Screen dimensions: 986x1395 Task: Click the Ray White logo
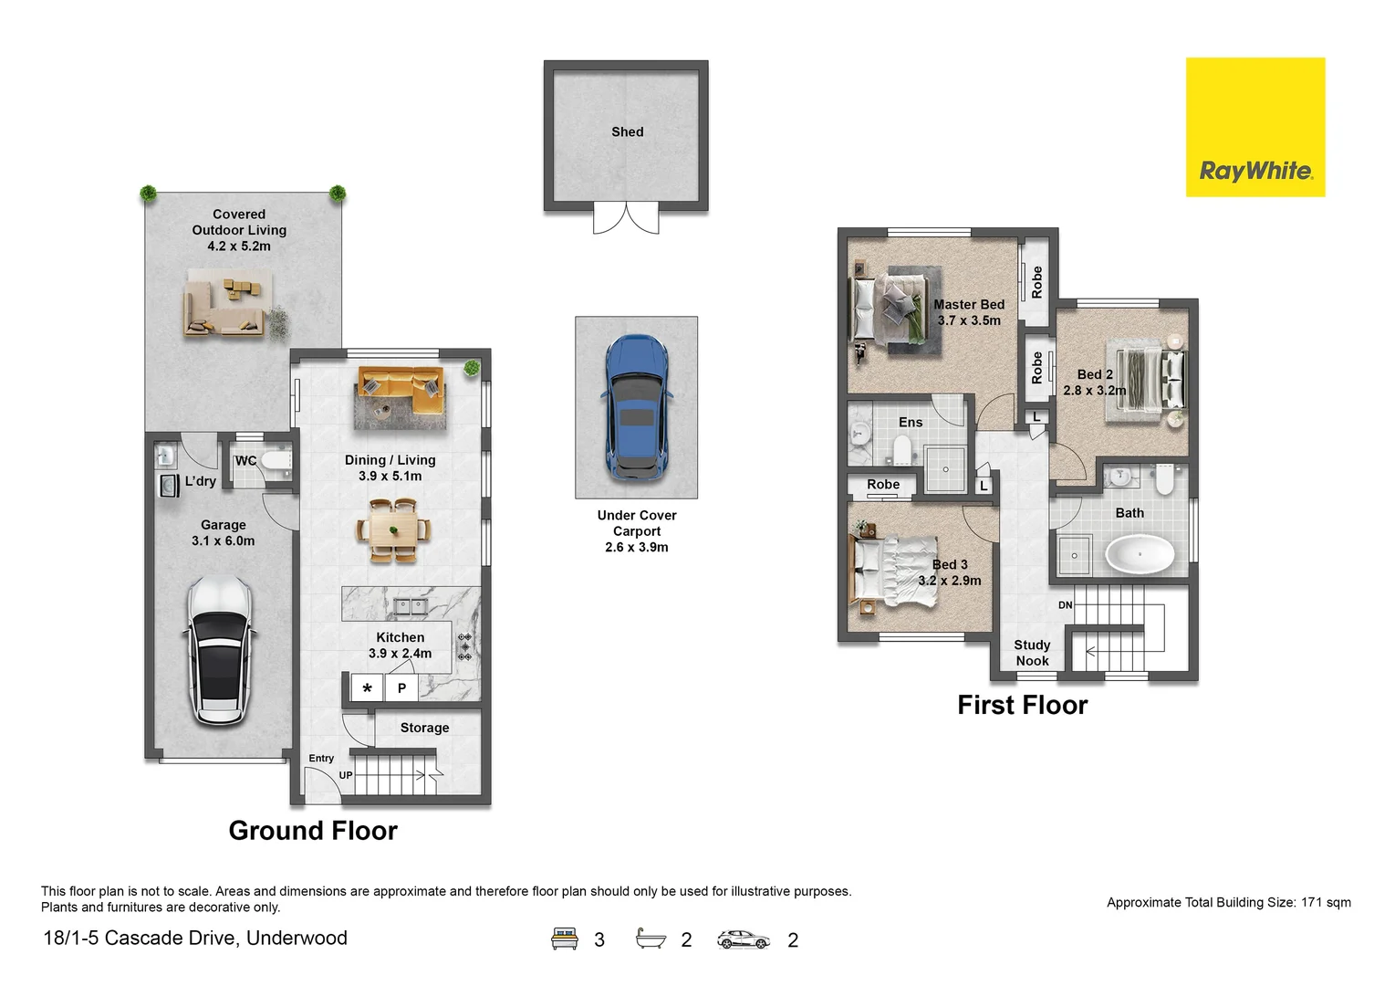[x=1254, y=128]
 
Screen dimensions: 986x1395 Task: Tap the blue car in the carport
[x=637, y=407]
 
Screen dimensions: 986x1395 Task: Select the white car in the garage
[x=220, y=650]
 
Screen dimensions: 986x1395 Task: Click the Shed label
[x=627, y=132]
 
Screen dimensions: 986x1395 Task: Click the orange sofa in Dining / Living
[x=401, y=391]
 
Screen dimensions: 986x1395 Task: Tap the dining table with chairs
[x=394, y=530]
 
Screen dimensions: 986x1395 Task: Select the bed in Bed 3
[x=894, y=572]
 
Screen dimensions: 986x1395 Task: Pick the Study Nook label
[x=1032, y=653]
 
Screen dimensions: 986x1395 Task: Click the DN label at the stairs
[x=1065, y=605]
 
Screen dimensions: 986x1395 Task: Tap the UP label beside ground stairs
[x=346, y=775]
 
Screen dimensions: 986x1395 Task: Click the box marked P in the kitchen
[x=401, y=688]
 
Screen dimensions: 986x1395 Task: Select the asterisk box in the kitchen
[x=367, y=688]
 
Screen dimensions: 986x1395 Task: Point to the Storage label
[x=424, y=728]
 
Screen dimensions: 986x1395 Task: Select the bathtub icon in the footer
[x=651, y=939]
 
